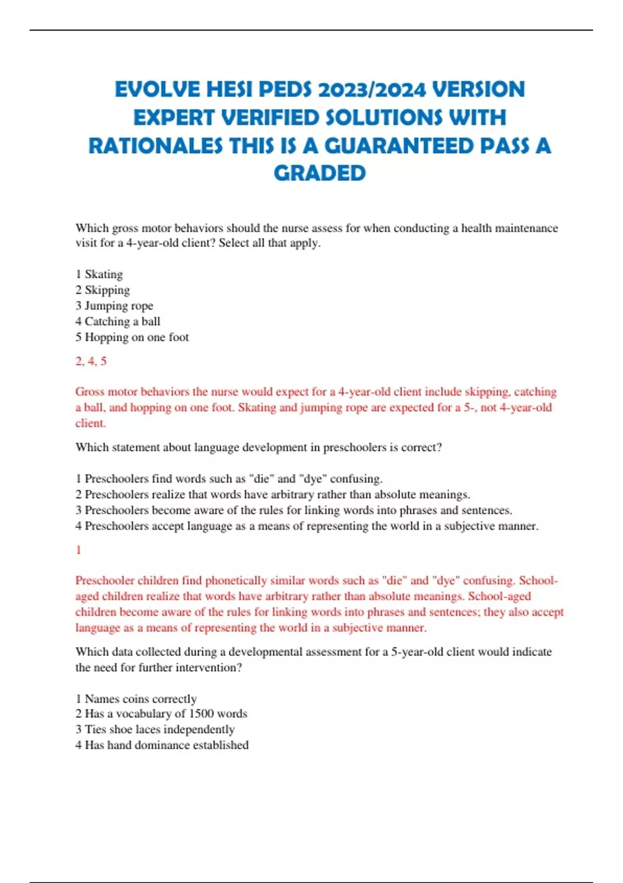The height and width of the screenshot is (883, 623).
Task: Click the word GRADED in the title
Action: tap(319, 173)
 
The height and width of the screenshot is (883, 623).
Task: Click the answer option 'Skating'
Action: tap(103, 274)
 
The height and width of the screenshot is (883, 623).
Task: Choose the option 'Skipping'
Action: tap(107, 290)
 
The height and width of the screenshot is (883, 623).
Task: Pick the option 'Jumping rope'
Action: tap(118, 305)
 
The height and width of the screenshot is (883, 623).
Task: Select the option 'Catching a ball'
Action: tap(122, 322)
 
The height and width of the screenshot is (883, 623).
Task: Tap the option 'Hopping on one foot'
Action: tap(137, 337)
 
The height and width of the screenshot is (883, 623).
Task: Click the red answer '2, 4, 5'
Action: tap(91, 361)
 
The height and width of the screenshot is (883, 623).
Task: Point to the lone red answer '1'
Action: tap(78, 550)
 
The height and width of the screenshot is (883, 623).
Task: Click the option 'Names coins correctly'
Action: tap(140, 699)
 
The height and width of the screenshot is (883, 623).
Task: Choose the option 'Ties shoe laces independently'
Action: tap(159, 729)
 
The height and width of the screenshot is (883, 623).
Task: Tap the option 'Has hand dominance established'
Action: tap(166, 745)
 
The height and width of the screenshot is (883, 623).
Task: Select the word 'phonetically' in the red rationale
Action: tap(237, 581)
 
